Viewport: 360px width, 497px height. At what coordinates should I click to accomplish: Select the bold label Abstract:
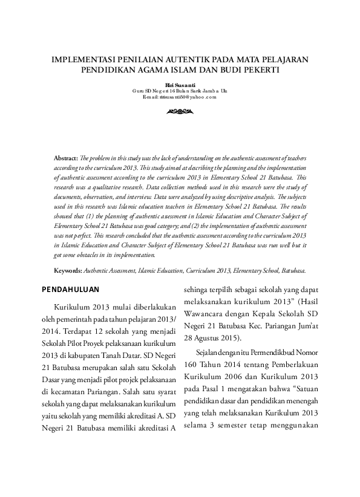66,157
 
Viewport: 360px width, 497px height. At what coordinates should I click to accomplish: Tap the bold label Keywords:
68,271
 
